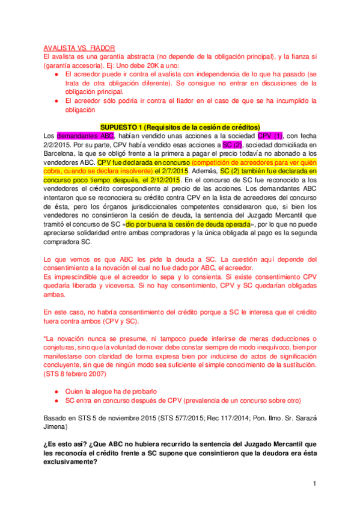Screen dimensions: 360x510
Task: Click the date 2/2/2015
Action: [58, 145]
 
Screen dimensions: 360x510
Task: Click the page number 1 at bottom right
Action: [314, 484]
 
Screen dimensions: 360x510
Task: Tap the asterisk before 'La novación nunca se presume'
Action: [44, 339]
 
